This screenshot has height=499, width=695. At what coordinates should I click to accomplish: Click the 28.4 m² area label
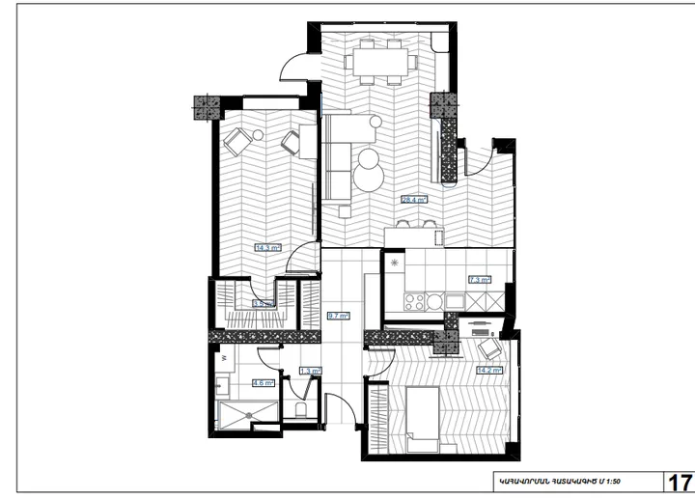click(413, 200)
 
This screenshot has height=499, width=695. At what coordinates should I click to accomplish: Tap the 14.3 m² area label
click(267, 247)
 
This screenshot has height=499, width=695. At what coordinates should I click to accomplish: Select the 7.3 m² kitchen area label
click(479, 280)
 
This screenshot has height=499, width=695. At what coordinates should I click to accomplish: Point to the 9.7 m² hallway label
click(339, 315)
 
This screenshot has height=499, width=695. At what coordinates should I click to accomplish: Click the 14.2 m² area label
click(489, 369)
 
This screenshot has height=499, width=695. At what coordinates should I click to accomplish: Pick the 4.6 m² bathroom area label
click(263, 382)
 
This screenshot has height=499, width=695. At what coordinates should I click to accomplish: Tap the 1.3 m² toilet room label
click(310, 370)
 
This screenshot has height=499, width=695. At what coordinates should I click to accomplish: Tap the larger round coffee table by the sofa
click(369, 176)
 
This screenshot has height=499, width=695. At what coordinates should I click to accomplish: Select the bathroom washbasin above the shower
click(222, 387)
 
